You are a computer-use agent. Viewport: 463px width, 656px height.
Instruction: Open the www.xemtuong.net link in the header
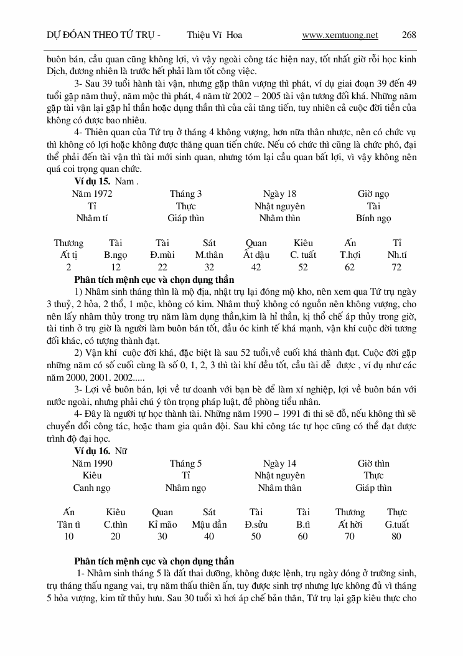pos(340,35)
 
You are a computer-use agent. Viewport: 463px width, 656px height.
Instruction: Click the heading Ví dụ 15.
pos(92,181)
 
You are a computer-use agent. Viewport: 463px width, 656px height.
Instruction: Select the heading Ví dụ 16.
pos(92,451)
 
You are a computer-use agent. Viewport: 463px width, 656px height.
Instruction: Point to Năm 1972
pos(92,194)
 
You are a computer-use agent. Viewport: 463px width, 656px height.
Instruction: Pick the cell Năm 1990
pos(92,463)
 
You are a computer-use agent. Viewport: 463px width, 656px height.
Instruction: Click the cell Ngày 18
pos(280,194)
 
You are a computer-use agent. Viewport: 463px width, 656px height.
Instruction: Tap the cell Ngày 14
pos(280,463)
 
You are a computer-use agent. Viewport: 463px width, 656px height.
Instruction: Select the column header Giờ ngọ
pos(373,194)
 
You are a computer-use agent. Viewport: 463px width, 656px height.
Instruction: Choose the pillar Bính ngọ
pos(373,219)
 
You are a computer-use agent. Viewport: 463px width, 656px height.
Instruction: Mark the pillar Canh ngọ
pos(92,488)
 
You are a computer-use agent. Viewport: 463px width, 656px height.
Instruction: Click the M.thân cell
pos(209,255)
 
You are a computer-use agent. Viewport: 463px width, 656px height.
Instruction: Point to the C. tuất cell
pos(303,255)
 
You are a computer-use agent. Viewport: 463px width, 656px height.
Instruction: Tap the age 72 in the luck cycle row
pos(396,267)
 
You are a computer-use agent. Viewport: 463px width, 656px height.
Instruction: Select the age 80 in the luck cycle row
pos(396,536)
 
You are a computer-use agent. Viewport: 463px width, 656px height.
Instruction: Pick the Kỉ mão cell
pos(162,525)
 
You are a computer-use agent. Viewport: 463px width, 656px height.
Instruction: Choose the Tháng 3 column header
pos(185,194)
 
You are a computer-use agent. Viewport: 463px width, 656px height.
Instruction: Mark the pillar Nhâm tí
pos(92,219)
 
